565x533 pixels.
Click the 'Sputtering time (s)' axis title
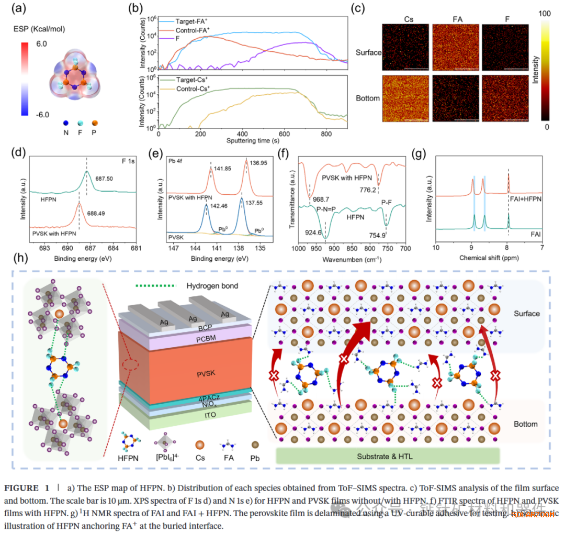tap(251, 141)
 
